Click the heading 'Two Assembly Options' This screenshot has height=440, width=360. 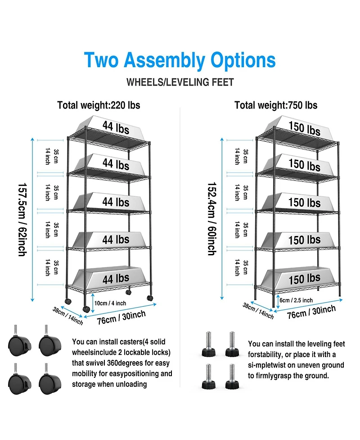pyautogui.click(x=180, y=60)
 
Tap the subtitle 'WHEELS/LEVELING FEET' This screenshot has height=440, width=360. pyautogui.click(x=180, y=82)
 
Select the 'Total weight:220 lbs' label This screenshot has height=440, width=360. pyautogui.click(x=99, y=105)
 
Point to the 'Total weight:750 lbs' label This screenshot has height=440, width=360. pyautogui.click(x=276, y=105)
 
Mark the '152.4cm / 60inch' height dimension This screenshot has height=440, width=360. pyautogui.click(x=211, y=218)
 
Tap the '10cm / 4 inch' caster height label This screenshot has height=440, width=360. pyautogui.click(x=110, y=303)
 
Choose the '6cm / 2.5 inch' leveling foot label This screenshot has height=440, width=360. pyautogui.click(x=296, y=300)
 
